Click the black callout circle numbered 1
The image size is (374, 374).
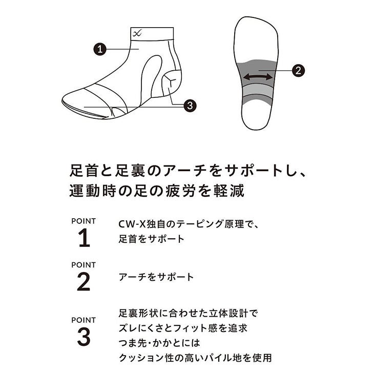100,49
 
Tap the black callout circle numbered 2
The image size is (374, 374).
298,70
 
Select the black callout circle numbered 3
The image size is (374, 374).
190,105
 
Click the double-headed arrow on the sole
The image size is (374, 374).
258,77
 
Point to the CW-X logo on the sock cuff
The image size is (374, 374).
137,33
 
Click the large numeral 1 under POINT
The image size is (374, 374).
84,238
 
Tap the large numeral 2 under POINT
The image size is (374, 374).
84,282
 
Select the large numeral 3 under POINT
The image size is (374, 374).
84,337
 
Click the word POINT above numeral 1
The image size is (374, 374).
84,221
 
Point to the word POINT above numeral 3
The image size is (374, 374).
84,320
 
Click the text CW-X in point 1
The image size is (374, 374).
132,224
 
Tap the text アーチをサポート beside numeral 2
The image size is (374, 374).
156,277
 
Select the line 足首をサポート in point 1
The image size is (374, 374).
152,239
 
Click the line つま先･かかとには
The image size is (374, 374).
159,343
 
